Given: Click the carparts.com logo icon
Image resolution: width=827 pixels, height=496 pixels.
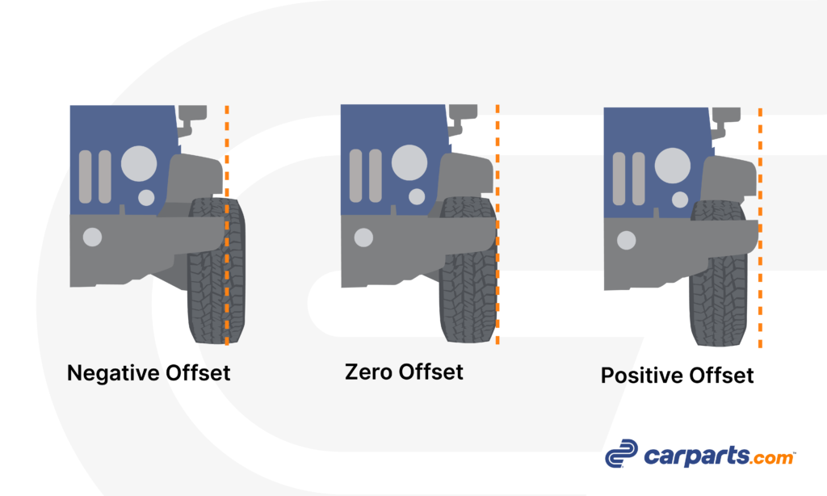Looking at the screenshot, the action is coord(621,453).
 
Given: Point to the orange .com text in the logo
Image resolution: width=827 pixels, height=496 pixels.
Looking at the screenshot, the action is coord(773,457).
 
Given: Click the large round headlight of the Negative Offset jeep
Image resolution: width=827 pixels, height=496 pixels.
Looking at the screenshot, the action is coord(139,163).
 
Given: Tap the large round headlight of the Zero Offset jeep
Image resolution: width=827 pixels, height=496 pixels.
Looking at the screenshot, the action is coord(409,162).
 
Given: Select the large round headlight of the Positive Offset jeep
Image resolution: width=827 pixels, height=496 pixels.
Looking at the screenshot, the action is coord(673,166).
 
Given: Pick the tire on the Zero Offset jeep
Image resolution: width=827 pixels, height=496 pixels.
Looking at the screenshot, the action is coord(468,270).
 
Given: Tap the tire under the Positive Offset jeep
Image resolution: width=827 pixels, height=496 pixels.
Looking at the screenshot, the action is coord(718,273).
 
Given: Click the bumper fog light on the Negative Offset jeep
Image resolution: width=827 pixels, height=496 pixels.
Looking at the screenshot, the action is coord(92,237).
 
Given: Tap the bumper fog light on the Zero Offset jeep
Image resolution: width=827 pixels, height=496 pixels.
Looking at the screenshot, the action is coord(363,237).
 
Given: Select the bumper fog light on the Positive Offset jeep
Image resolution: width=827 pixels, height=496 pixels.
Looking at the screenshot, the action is coord(627,240).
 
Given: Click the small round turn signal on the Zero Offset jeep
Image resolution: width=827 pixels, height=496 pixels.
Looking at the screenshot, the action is coord(417,196).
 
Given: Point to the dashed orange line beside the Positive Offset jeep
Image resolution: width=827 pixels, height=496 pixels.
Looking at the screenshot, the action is coord(760,228).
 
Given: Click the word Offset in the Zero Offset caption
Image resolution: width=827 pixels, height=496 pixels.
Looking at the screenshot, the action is coord(431,372).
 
